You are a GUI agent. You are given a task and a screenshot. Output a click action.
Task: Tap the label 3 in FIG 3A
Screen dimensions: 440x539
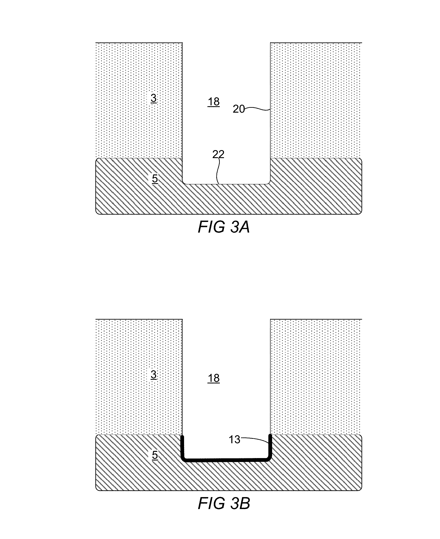tap(154, 98)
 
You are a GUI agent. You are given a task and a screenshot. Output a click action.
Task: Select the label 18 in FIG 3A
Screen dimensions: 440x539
tap(213, 102)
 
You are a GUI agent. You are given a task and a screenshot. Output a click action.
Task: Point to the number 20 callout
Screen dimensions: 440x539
tap(238, 109)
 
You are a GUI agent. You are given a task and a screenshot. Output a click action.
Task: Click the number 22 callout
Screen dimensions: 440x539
tap(218, 154)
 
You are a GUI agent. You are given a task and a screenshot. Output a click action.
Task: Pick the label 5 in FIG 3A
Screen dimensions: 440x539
tap(155, 179)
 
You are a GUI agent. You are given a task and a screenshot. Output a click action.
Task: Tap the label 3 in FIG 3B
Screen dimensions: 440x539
tap(154, 374)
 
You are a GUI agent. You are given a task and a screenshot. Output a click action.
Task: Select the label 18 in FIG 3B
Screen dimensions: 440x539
tap(213, 378)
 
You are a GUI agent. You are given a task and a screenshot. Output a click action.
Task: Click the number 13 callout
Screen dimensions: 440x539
tap(234, 440)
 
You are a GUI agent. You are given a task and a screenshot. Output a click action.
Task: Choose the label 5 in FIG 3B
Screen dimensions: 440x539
tap(155, 455)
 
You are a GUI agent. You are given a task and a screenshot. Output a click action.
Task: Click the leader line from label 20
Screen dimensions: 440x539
tap(257, 109)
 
